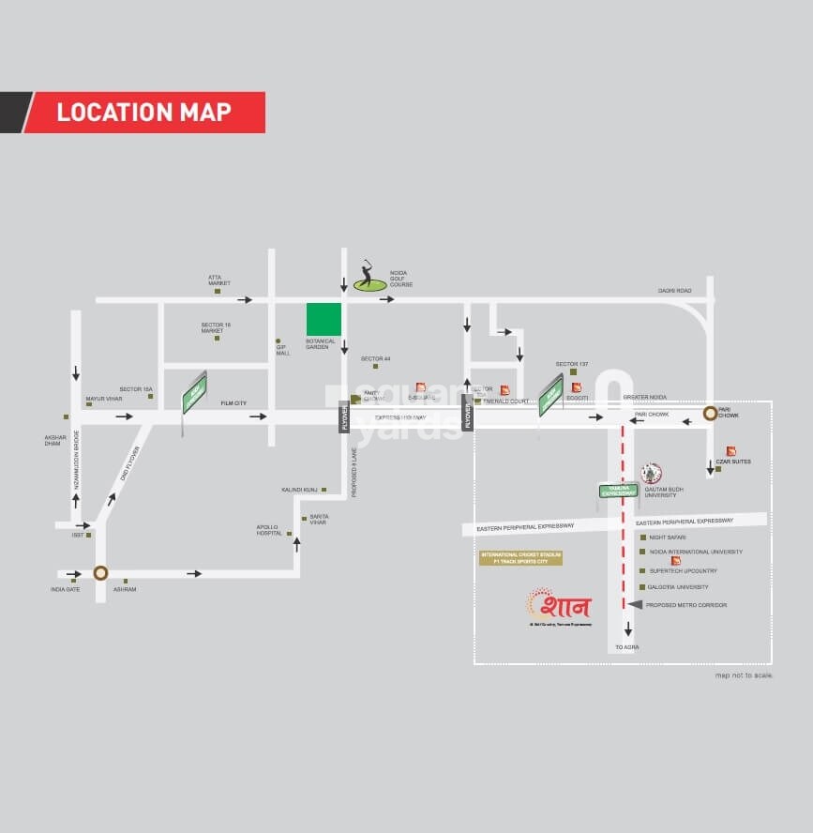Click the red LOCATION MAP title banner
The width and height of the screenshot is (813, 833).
coord(143,113)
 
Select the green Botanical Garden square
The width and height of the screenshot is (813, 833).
coord(324,319)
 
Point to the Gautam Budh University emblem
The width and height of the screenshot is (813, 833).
coord(651,473)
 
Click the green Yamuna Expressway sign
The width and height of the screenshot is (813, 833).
coord(618,491)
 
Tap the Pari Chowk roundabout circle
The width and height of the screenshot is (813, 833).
coord(711,412)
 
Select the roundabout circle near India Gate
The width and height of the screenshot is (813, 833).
coord(100,573)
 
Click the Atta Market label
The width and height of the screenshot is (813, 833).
coord(219,280)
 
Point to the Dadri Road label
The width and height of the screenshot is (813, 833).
coord(674,291)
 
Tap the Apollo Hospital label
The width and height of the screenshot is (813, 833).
coord(268,530)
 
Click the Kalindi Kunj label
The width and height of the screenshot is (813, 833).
coord(298,490)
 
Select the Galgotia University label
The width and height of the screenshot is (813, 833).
coord(677,587)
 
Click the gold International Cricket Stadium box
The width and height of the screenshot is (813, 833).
coord(520,558)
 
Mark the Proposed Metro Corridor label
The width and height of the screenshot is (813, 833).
coord(685,605)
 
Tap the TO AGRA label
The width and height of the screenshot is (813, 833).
coord(626,648)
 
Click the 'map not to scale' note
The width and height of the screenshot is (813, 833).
coord(745,675)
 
